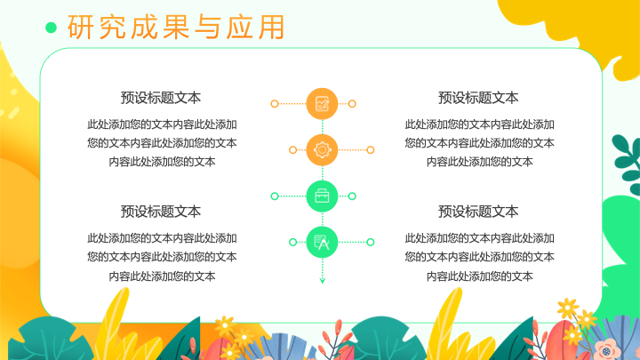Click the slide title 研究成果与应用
tap(176, 27)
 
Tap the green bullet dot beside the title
tap(51, 28)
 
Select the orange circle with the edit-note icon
tap(322, 104)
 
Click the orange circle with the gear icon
tap(322, 150)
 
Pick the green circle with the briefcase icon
tap(322, 196)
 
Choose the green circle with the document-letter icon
tap(322, 243)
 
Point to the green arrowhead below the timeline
tap(322, 280)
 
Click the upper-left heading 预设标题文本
tap(160, 98)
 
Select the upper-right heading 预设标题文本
tap(478, 98)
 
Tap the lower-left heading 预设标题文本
tap(160, 212)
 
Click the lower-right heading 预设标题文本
tap(478, 212)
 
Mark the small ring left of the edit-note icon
tap(275, 104)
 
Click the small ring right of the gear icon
tap(370, 150)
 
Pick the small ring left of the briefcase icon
tap(275, 196)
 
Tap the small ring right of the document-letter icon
tap(370, 242)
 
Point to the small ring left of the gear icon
tap(292, 150)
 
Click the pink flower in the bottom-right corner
tap(607, 350)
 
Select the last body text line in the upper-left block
tap(162, 162)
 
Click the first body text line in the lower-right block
tap(480, 238)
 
